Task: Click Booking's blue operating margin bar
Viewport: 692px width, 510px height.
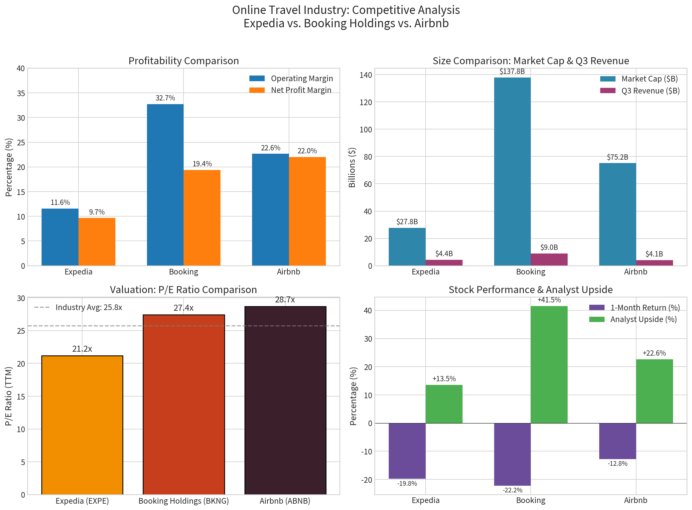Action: point(165,185)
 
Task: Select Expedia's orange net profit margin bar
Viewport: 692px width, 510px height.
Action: point(97,242)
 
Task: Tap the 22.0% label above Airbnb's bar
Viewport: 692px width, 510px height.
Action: point(307,151)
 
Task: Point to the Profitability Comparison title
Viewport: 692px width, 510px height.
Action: point(184,61)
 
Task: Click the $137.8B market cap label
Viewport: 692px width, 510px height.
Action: point(512,71)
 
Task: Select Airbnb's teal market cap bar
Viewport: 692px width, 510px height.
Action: point(618,214)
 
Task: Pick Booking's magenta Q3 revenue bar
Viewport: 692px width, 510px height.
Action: point(549,259)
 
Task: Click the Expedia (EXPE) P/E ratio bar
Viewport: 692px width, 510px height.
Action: point(82,425)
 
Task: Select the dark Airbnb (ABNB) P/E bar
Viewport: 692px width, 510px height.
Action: point(285,400)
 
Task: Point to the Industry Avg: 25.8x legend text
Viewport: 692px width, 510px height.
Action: point(89,307)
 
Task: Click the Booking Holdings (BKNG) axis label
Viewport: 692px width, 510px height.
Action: point(184,501)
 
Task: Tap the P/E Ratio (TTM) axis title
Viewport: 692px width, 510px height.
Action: point(9,396)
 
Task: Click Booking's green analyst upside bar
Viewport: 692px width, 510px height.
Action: point(549,365)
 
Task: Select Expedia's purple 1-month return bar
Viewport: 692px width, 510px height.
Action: point(407,451)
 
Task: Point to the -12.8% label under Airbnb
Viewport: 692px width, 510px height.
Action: point(618,464)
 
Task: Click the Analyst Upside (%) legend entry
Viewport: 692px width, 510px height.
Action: point(643,319)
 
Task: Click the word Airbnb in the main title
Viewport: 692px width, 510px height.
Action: point(431,24)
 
